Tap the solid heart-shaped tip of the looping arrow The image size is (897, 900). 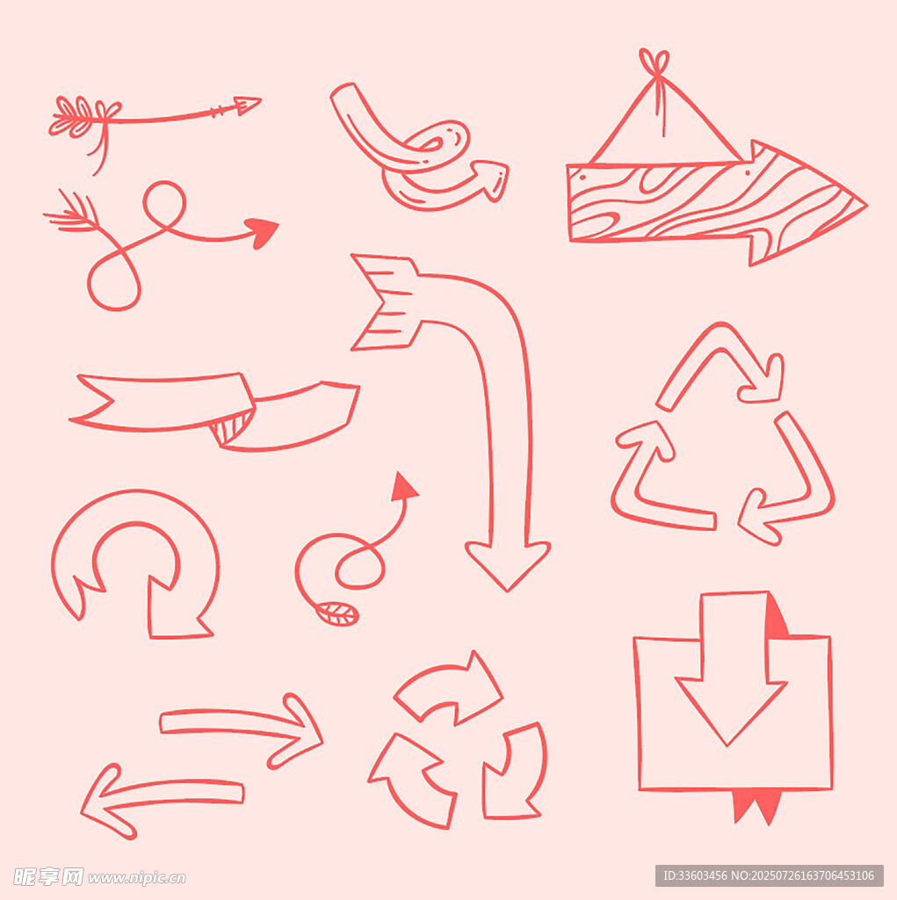point(263,231)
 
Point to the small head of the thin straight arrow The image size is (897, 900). point(248,105)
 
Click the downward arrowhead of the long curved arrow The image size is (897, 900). point(508,565)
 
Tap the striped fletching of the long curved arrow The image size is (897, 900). point(385,302)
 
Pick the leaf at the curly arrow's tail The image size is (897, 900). point(337,613)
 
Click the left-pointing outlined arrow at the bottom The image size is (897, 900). point(162,800)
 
